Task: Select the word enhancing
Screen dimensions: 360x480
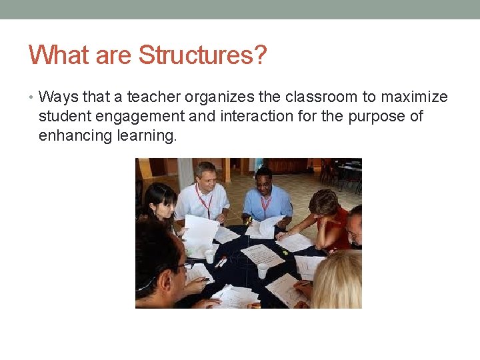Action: point(77,136)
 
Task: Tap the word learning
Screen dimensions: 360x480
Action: point(150,136)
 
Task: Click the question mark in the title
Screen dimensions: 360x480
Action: point(259,55)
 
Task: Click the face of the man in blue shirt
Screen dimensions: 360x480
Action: point(264,181)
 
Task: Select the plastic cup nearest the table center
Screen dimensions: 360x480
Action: point(262,271)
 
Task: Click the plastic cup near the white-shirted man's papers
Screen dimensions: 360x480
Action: point(210,255)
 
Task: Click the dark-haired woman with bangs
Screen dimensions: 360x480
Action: point(159,201)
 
